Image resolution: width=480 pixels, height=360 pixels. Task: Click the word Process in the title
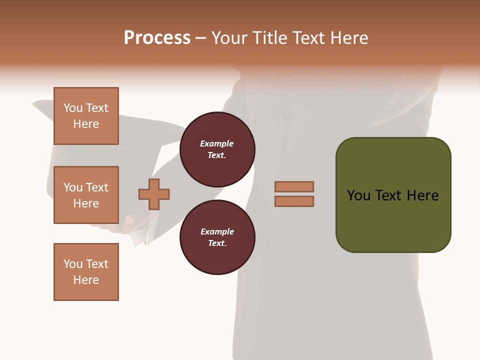pyautogui.click(x=157, y=38)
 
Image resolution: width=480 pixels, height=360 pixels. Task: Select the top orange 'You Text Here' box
pyautogui.click(x=86, y=116)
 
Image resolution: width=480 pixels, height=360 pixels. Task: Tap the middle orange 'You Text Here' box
pyautogui.click(x=86, y=195)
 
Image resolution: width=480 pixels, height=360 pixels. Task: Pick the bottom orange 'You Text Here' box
pyautogui.click(x=86, y=272)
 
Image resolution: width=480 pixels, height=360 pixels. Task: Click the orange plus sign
pyautogui.click(x=154, y=194)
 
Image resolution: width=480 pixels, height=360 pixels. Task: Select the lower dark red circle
pyautogui.click(x=217, y=237)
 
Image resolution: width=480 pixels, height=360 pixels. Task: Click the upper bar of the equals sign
pyautogui.click(x=294, y=186)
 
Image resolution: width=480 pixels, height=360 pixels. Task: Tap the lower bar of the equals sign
pyautogui.click(x=294, y=201)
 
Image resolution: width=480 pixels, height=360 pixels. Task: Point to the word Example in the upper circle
pyautogui.click(x=217, y=143)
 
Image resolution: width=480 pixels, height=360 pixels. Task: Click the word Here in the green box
pyautogui.click(x=422, y=195)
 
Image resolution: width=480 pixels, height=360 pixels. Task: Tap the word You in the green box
pyautogui.click(x=359, y=195)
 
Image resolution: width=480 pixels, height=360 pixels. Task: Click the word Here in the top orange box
pyautogui.click(x=86, y=124)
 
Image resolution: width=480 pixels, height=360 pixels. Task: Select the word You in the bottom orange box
pyautogui.click(x=72, y=264)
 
